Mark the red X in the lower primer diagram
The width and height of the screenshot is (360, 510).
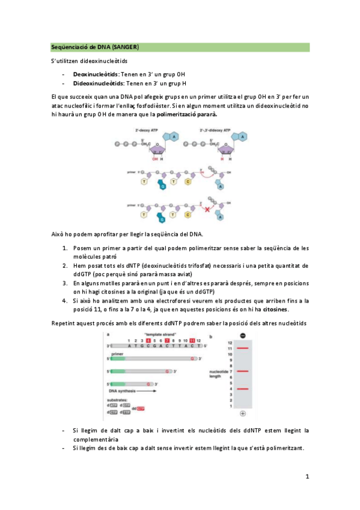coord(207,210)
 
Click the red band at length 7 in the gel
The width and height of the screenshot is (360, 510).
coord(242,371)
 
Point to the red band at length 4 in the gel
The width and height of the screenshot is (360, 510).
coord(242,389)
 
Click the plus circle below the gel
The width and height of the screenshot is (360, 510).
coord(242,414)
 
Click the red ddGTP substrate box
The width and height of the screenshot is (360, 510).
coord(140,409)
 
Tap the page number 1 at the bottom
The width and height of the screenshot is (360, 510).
coord(307,477)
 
